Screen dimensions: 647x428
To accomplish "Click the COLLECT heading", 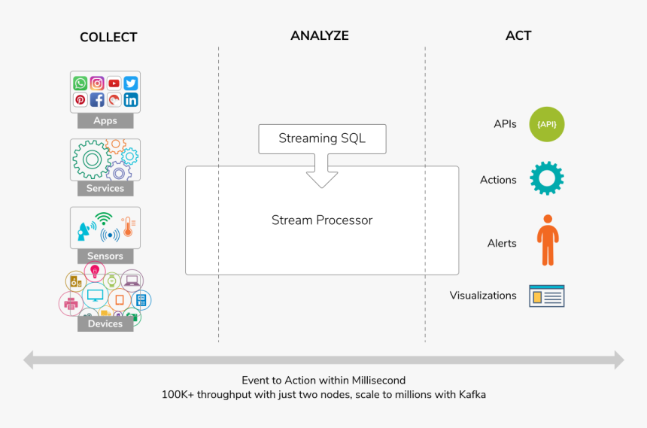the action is point(108,37).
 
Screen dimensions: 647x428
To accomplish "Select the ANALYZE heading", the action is point(320,35).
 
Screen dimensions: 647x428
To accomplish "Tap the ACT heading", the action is point(518,35).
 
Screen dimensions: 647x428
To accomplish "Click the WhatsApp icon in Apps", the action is point(80,83).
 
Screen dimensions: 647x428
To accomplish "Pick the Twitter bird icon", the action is point(131,83).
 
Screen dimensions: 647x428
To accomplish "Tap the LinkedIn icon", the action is point(131,100).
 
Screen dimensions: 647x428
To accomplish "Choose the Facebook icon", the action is point(97,100).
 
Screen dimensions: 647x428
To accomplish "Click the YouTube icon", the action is point(114,83).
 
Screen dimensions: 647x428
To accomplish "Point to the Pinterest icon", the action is point(80,100).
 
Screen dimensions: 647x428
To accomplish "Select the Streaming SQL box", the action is point(322,138).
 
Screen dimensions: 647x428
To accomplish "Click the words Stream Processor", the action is point(322,220).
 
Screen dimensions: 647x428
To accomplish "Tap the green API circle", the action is point(547,124).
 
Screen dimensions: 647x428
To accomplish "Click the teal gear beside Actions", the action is point(547,178).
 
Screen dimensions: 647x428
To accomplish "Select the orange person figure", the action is point(548,240).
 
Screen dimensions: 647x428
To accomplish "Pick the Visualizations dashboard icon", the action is point(547,296).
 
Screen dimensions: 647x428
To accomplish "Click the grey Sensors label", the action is point(105,256).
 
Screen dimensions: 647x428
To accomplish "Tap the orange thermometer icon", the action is point(128,227).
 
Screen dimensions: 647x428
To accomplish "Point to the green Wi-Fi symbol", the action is point(104,218).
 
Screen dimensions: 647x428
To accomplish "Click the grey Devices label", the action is point(105,323).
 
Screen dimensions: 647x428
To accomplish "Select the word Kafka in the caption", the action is point(472,395).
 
